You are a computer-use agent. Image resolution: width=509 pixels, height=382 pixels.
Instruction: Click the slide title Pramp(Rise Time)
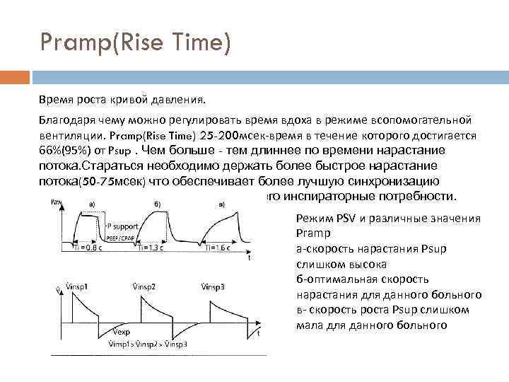pyautogui.click(x=135, y=45)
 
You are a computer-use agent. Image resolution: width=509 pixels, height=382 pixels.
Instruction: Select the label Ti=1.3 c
pyautogui.click(x=150, y=248)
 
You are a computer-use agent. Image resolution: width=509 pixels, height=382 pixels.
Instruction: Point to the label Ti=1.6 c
pyautogui.click(x=219, y=248)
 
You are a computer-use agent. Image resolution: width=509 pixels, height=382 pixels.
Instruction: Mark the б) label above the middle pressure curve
pyautogui.click(x=156, y=204)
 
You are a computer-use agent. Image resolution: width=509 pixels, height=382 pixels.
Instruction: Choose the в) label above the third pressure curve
pyautogui.click(x=222, y=204)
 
